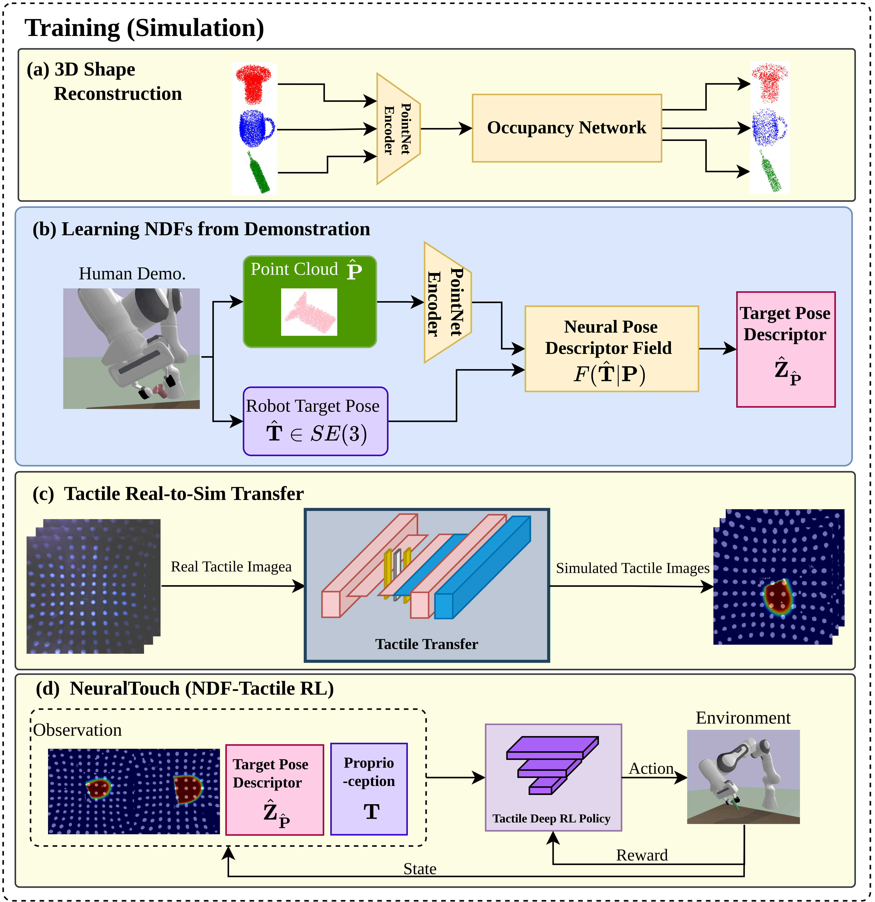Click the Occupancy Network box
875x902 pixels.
pyautogui.click(x=567, y=128)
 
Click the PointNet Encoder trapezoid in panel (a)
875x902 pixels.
pyautogui.click(x=398, y=129)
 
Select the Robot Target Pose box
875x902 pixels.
pyautogui.click(x=315, y=421)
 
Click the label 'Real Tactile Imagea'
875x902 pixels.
pyautogui.click(x=231, y=567)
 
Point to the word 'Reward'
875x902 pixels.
pyautogui.click(x=642, y=855)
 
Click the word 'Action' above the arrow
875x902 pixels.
pyautogui.click(x=651, y=769)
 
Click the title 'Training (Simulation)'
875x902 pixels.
pyautogui.click(x=145, y=28)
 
